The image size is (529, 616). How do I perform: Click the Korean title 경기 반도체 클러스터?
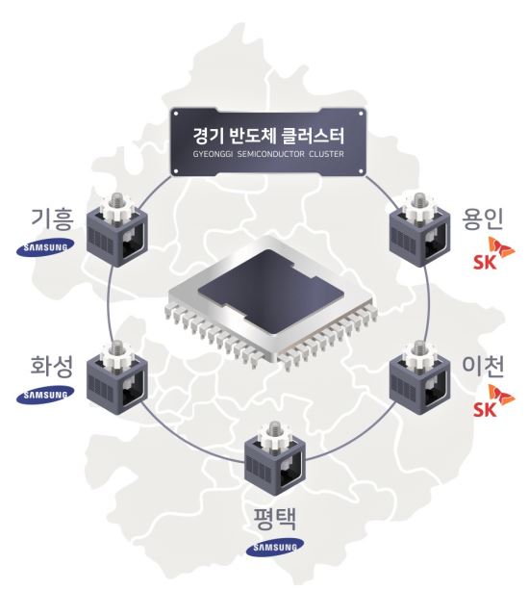click(x=268, y=136)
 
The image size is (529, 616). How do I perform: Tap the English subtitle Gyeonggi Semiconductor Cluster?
click(x=268, y=154)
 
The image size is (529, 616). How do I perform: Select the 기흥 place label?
click(x=52, y=218)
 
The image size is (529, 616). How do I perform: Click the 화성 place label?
click(x=52, y=366)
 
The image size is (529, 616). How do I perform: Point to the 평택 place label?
click(x=274, y=519)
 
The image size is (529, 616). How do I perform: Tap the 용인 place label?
click(x=482, y=218)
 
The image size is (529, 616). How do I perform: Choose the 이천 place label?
click(x=482, y=366)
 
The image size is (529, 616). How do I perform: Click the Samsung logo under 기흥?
click(x=45, y=247)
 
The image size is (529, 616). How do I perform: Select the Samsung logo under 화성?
click(x=45, y=395)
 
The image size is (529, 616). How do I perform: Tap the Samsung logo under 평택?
click(x=275, y=548)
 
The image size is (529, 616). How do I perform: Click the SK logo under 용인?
click(x=493, y=253)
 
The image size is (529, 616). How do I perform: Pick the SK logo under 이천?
click(x=493, y=400)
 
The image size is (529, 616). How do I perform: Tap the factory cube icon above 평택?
click(x=275, y=458)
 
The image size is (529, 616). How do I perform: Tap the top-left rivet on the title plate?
click(x=176, y=114)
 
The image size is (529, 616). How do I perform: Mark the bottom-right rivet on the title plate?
click(x=361, y=171)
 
